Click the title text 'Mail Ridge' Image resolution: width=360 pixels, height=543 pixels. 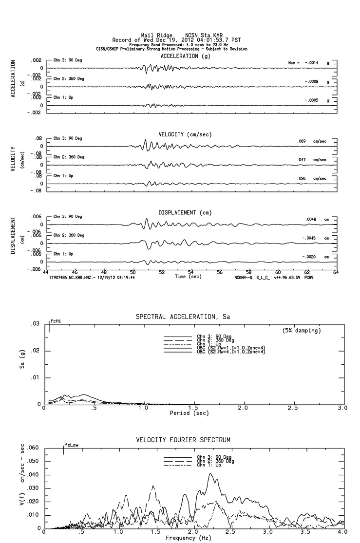click(x=154, y=35)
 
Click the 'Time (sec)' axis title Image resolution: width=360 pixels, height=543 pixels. click(x=189, y=277)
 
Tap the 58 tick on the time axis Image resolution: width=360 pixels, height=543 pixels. click(x=249, y=272)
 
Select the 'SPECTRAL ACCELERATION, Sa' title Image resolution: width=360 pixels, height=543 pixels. click(x=183, y=317)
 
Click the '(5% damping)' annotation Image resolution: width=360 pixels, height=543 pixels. click(x=302, y=331)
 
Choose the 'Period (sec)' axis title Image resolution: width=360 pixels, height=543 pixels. click(x=189, y=413)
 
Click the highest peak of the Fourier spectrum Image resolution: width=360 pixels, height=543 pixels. click(x=210, y=473)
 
